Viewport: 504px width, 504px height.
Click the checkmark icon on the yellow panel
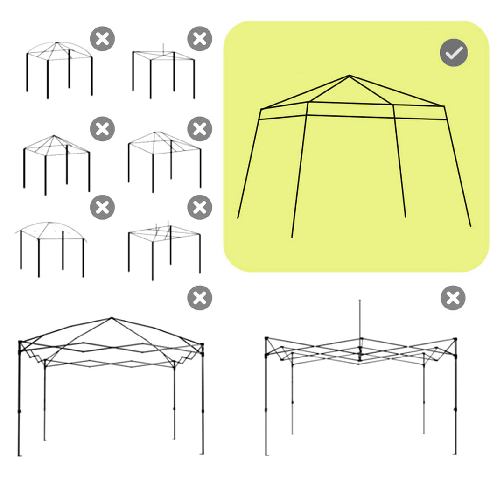coord(454,54)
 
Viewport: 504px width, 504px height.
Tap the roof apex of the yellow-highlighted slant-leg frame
coord(349,76)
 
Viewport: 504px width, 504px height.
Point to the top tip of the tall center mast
coord(359,301)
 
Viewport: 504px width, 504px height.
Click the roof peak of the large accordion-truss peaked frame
coord(112,318)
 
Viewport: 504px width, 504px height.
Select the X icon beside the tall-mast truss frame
coord(453,298)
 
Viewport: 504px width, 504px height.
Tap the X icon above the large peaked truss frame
coord(200,298)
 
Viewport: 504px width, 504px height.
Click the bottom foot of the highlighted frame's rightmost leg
coord(470,226)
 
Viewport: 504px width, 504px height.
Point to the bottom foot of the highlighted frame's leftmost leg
coord(238,218)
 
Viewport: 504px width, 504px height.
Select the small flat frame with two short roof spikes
coord(164,252)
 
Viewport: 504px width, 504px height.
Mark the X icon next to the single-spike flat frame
coord(200,39)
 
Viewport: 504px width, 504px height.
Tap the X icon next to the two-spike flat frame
coord(200,207)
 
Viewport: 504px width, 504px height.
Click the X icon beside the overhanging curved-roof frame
coord(102,207)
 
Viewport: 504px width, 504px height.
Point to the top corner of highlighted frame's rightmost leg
coord(444,107)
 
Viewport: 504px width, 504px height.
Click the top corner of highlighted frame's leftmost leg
coord(261,110)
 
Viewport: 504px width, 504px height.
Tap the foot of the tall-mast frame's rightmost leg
coord(455,453)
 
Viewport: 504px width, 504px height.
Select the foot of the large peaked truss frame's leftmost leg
coord(19,455)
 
